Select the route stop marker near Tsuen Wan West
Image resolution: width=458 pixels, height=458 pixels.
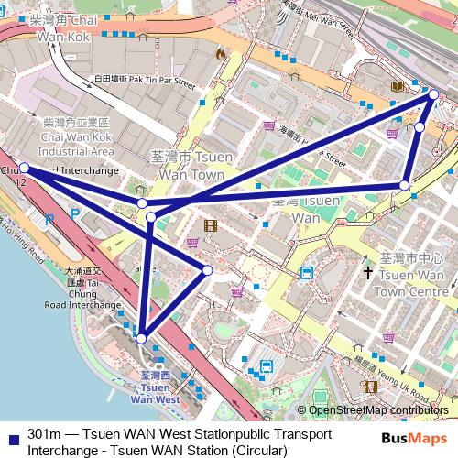(x=141, y=339)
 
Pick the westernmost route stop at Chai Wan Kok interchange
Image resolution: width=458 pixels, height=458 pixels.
(x=25, y=168)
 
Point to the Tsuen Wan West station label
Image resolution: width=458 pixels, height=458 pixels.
(x=154, y=388)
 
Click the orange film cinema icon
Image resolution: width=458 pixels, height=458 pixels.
(x=211, y=225)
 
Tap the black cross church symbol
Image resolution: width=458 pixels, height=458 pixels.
(x=367, y=272)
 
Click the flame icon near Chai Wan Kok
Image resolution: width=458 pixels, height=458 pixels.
(x=220, y=54)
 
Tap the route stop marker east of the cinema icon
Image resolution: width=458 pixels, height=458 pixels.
(x=208, y=269)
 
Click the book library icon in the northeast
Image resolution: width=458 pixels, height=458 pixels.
(x=396, y=86)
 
